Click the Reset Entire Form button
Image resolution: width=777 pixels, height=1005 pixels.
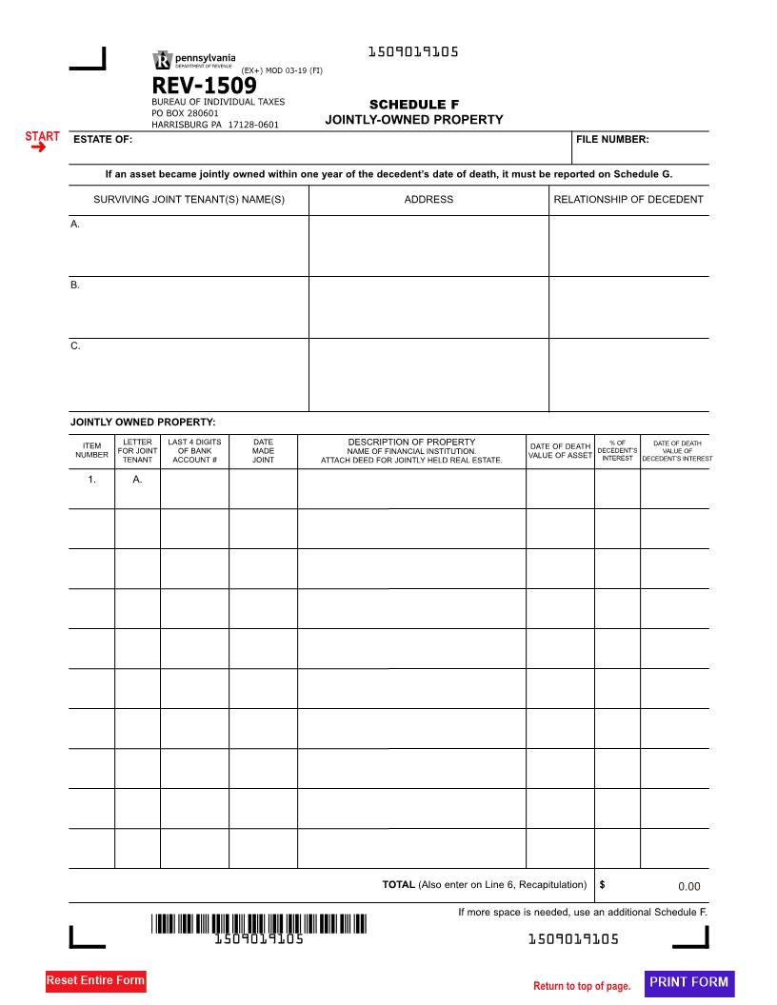tap(95, 981)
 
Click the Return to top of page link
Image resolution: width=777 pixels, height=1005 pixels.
tap(582, 986)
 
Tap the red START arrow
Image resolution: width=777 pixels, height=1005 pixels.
tap(41, 143)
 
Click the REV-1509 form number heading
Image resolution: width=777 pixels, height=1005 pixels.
tap(204, 87)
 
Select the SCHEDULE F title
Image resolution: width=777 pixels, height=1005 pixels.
tap(413, 105)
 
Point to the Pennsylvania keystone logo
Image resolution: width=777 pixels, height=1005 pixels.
tap(162, 61)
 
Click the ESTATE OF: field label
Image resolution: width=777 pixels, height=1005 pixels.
tap(103, 140)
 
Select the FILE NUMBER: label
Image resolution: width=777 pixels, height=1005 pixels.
tap(612, 140)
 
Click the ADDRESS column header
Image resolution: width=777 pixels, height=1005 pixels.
tap(428, 200)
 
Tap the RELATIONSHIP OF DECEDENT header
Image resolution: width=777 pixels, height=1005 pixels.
tap(628, 200)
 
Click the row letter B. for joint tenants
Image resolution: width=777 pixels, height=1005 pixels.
tap(75, 286)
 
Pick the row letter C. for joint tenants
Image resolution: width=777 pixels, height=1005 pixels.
tap(75, 346)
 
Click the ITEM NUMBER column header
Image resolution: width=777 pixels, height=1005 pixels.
tap(91, 450)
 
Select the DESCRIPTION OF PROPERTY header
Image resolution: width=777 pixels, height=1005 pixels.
tap(411, 442)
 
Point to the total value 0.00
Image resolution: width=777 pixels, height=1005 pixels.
tap(688, 887)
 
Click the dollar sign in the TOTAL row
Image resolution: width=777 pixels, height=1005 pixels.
tap(603, 885)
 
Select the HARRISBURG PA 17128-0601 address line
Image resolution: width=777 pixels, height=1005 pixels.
tap(215, 124)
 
